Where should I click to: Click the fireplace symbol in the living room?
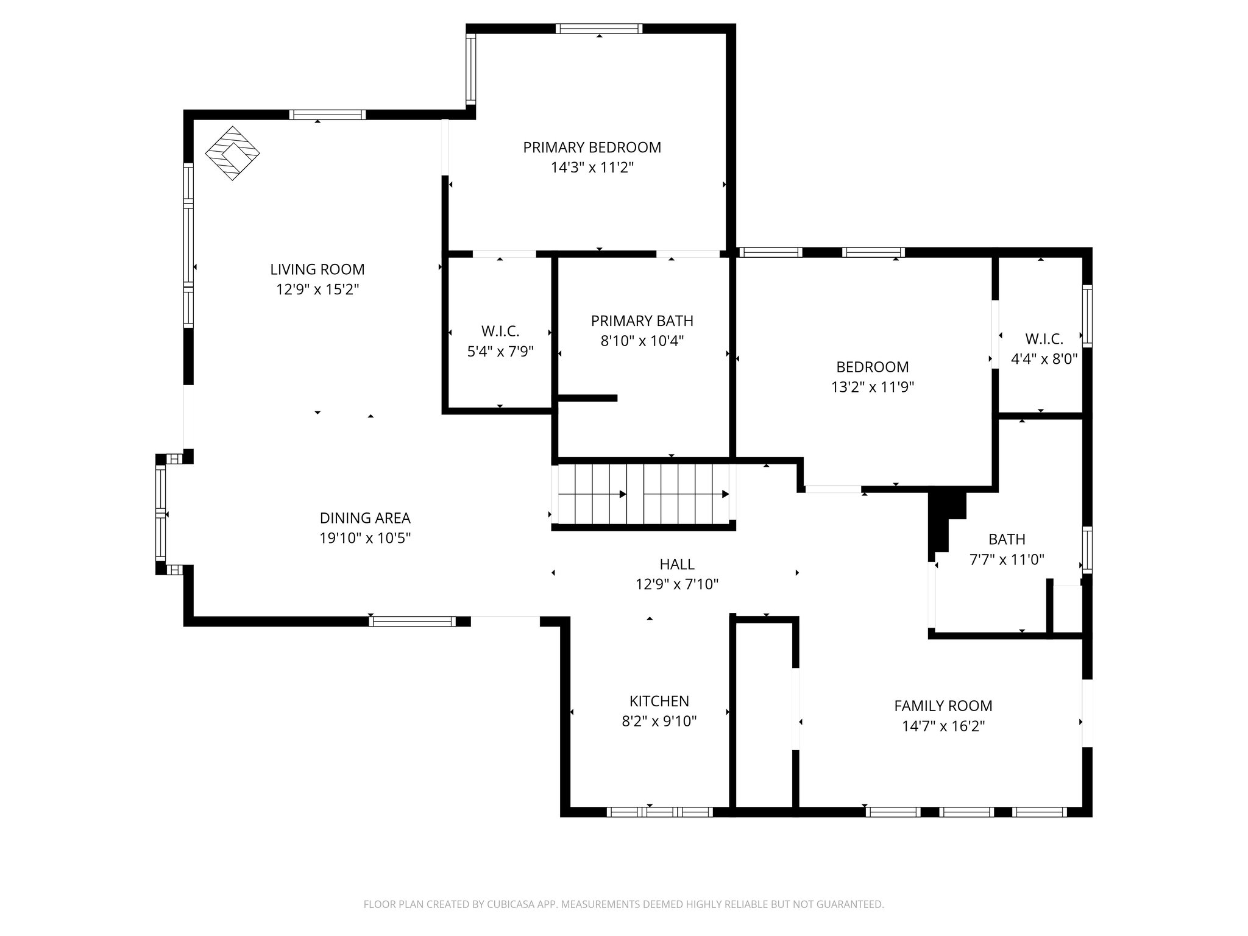[232, 153]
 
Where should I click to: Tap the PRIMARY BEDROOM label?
[592, 147]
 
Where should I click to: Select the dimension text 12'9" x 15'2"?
[317, 289]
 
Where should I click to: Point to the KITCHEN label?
[659, 701]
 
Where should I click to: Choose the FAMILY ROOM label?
[943, 706]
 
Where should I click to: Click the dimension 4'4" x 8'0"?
[1044, 359]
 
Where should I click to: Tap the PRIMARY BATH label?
[642, 321]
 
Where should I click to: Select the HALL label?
[676, 565]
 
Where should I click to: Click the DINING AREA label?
[365, 519]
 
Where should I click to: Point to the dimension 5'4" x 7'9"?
[500, 352]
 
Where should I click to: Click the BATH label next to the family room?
[1007, 539]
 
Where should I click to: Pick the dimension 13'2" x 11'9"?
[872, 387]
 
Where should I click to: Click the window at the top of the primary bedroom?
[599, 29]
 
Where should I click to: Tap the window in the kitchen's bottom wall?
[659, 812]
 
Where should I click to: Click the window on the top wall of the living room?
[327, 115]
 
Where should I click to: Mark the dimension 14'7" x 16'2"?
[943, 726]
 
